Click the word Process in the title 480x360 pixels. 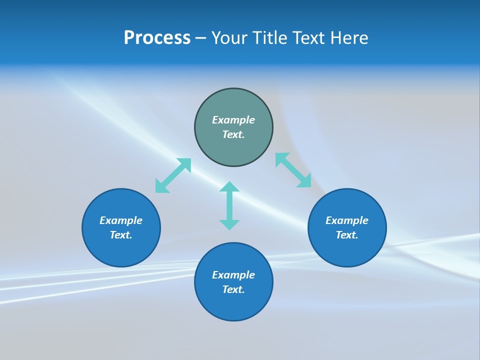coord(157,38)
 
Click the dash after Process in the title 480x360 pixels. coord(200,38)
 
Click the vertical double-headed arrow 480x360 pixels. coord(229,205)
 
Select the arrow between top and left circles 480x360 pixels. coord(173,175)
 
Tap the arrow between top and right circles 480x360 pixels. coord(293,170)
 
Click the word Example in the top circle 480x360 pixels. coord(233,120)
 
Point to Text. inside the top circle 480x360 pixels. coord(233,134)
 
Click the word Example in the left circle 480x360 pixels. coord(121,220)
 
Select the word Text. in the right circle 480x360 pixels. coord(347,235)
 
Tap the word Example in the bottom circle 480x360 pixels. coord(233,275)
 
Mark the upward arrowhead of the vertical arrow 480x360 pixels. coord(229,187)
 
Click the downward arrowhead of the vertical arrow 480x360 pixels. coord(229,224)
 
